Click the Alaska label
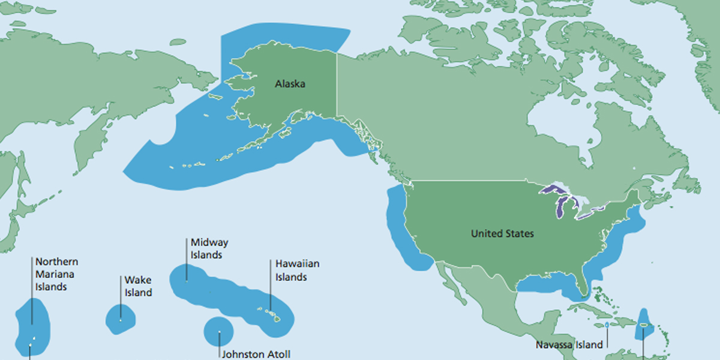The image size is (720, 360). point(290,84)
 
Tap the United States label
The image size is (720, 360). point(502,233)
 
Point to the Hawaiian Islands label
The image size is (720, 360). point(297,270)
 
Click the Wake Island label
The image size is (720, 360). point(138,286)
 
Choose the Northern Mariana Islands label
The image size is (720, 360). point(56,274)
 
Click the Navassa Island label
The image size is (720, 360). point(569,345)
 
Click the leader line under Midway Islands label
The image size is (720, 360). point(187,271)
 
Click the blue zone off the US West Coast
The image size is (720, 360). point(399,222)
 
